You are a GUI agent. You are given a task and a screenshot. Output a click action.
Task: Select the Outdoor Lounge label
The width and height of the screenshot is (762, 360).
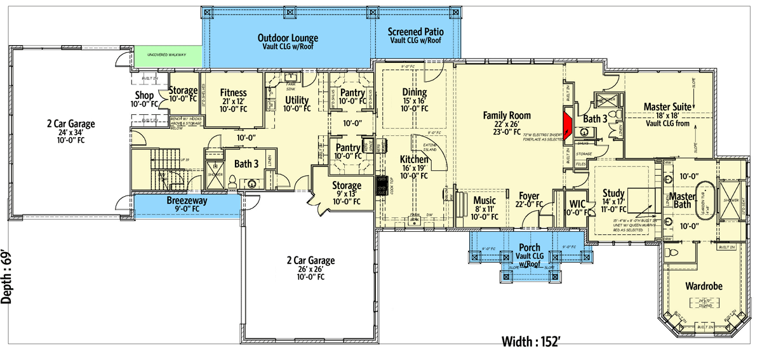(x=288, y=38)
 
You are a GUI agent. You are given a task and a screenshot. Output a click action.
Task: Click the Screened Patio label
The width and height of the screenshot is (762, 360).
(x=415, y=31)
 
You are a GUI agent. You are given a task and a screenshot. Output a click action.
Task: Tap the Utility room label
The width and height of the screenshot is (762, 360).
(x=297, y=100)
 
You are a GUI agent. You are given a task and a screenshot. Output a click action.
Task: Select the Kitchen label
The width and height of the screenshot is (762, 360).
(x=413, y=159)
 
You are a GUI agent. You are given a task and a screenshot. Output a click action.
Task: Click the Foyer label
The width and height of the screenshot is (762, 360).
(x=530, y=196)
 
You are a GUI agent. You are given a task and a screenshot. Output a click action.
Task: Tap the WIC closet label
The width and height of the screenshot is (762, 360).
(x=577, y=204)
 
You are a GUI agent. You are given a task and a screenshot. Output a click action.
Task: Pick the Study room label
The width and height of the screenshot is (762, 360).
(x=613, y=194)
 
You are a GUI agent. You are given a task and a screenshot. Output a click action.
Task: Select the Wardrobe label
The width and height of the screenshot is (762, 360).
(x=704, y=286)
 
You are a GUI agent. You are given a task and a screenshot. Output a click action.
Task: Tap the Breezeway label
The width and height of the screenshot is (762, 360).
(x=187, y=201)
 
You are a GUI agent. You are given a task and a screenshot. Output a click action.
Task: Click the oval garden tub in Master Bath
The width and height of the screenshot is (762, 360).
(x=702, y=202)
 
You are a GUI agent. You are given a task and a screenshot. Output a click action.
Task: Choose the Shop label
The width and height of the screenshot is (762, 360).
(x=144, y=96)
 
